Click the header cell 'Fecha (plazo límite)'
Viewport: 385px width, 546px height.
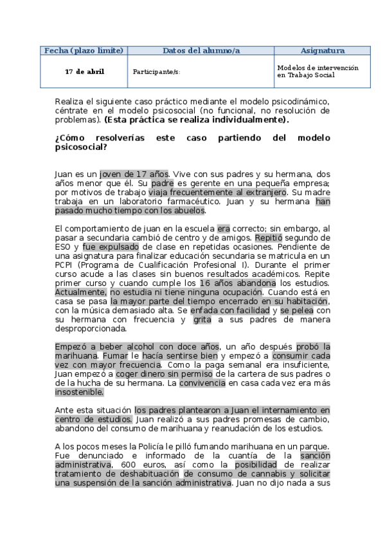pyautogui.click(x=82, y=50)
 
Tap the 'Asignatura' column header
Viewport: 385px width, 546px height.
pyautogui.click(x=322, y=50)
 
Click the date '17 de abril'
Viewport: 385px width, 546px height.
pyautogui.click(x=84, y=71)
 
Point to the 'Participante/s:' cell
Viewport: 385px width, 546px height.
pyautogui.click(x=156, y=72)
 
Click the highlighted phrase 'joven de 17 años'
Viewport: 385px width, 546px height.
pyautogui.click(x=134, y=174)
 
